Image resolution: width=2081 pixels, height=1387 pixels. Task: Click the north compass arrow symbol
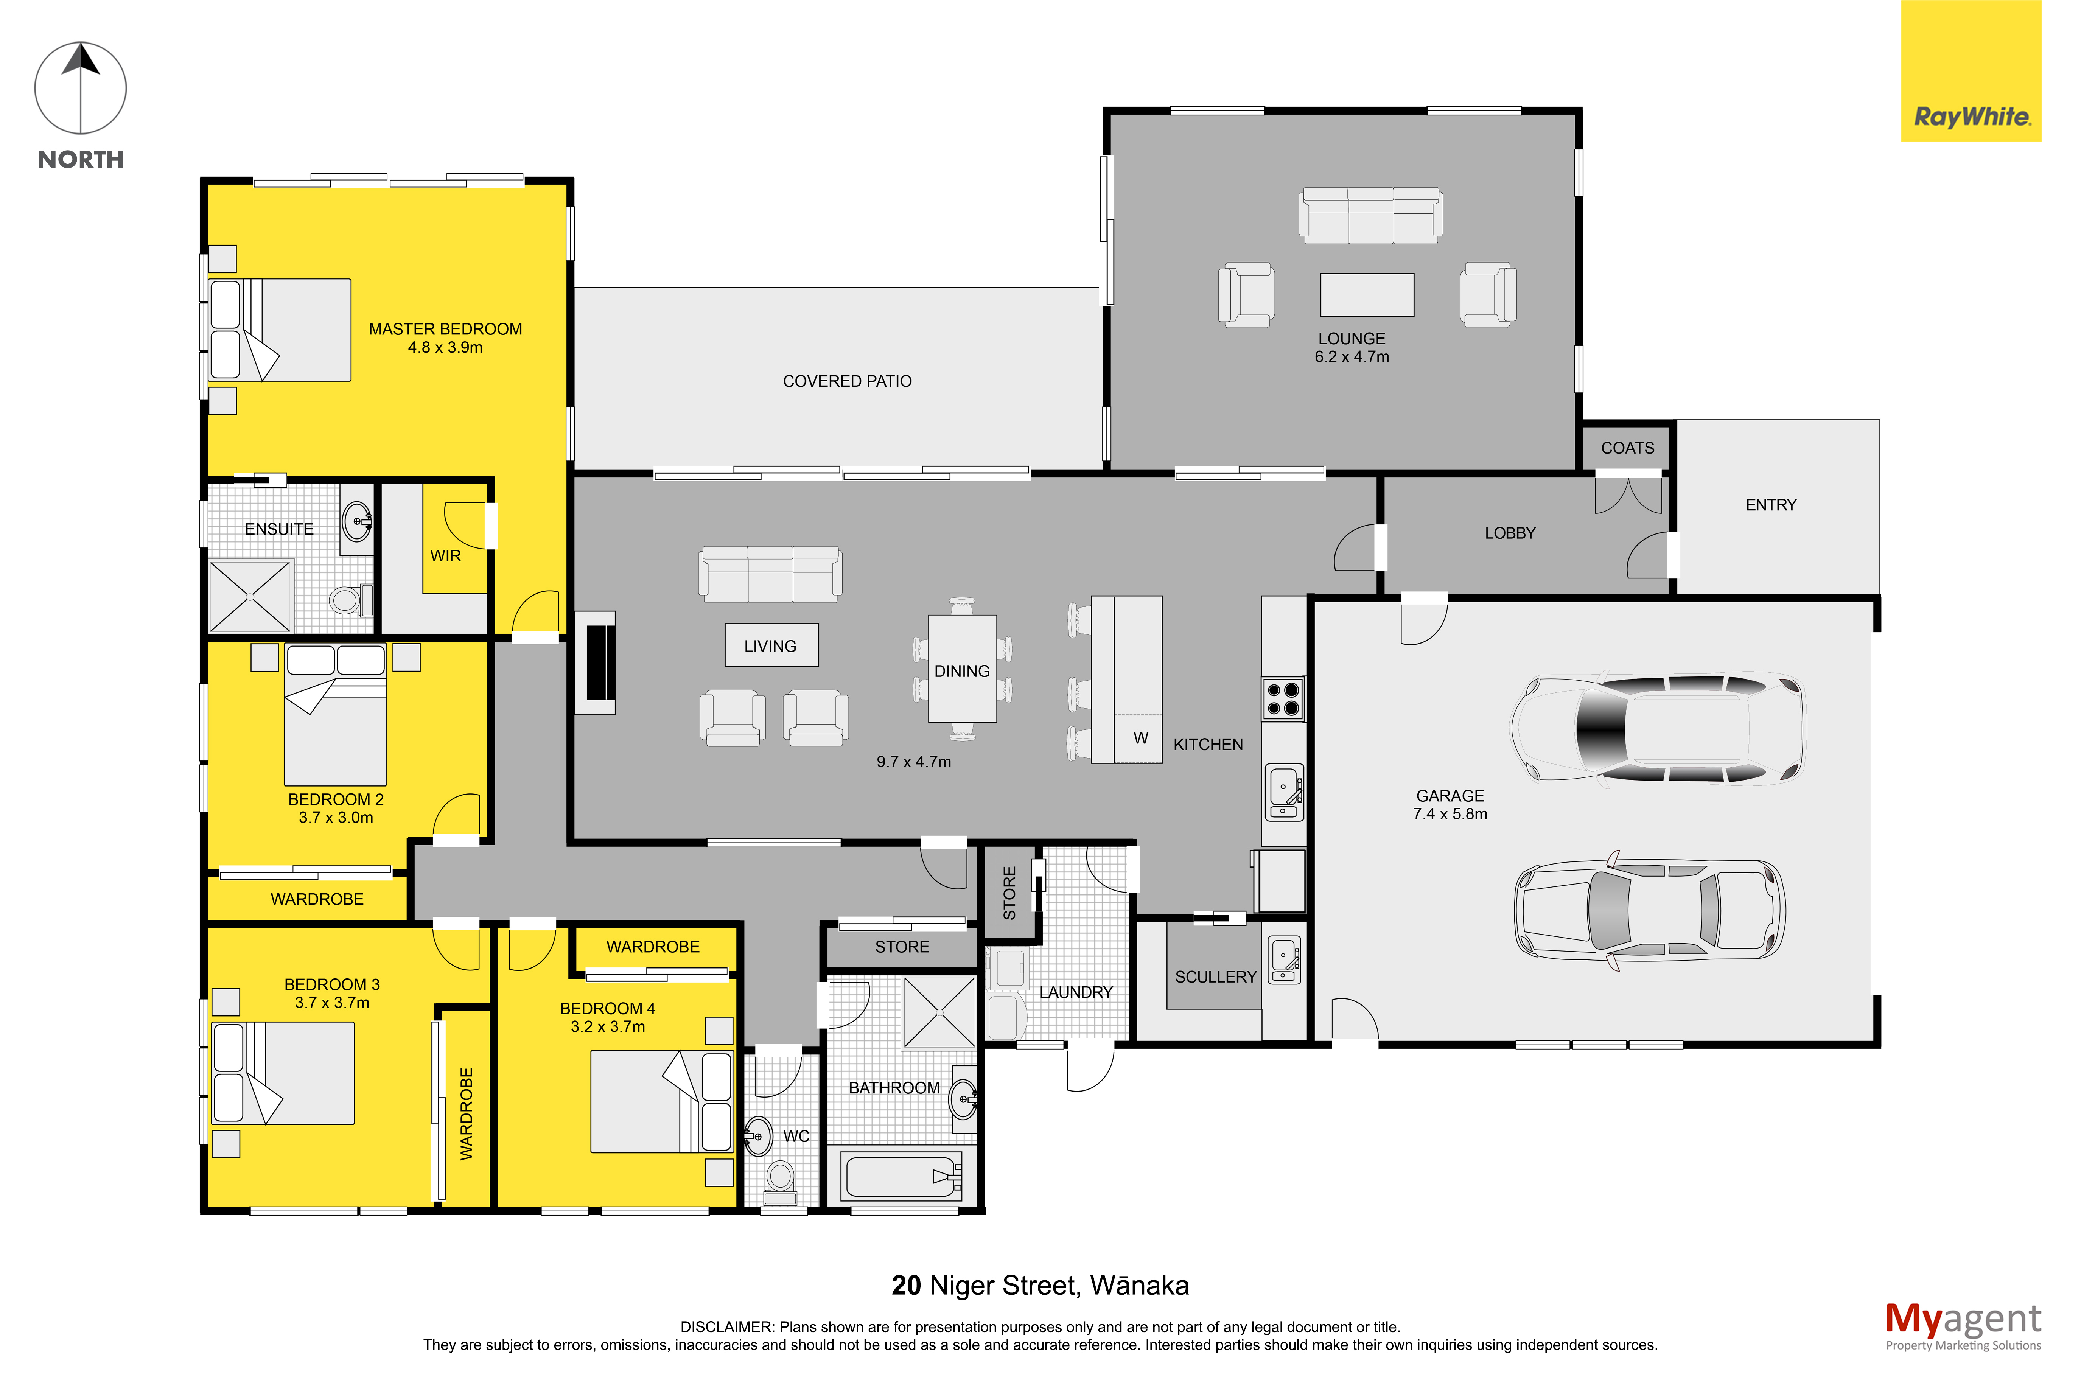click(x=81, y=89)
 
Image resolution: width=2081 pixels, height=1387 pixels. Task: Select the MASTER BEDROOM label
click(x=445, y=329)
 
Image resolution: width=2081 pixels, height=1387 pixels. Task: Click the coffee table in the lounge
click(x=1366, y=295)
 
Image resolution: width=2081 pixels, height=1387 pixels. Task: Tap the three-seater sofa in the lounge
click(x=1370, y=215)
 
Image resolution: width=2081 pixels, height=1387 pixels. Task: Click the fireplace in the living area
click(x=595, y=662)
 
